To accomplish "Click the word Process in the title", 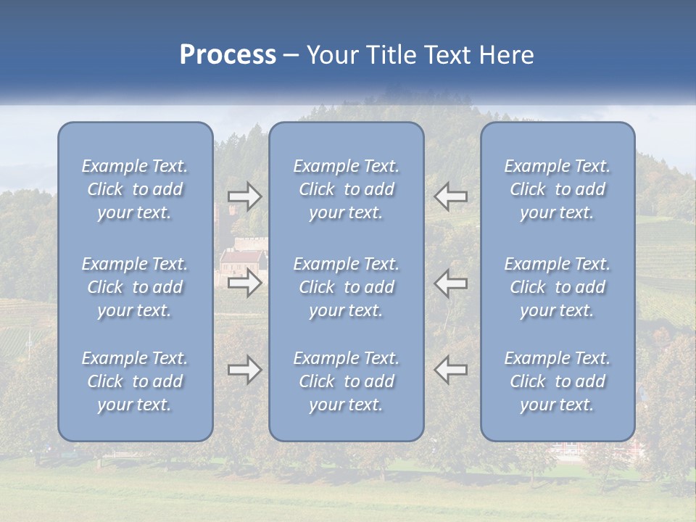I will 228,55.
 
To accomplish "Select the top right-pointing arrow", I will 244,196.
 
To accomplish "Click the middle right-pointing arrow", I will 244,283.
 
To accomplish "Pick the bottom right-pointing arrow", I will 244,370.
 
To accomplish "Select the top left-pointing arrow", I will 450,196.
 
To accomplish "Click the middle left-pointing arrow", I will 450,283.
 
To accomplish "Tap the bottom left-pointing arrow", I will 450,370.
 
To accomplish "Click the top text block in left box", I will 135,189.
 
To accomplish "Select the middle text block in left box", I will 135,287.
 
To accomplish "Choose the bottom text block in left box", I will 135,381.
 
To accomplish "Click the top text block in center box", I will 347,189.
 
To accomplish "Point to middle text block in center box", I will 347,287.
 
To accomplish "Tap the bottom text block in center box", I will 347,381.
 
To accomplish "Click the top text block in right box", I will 558,189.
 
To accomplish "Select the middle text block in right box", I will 558,287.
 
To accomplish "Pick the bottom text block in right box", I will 558,381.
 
